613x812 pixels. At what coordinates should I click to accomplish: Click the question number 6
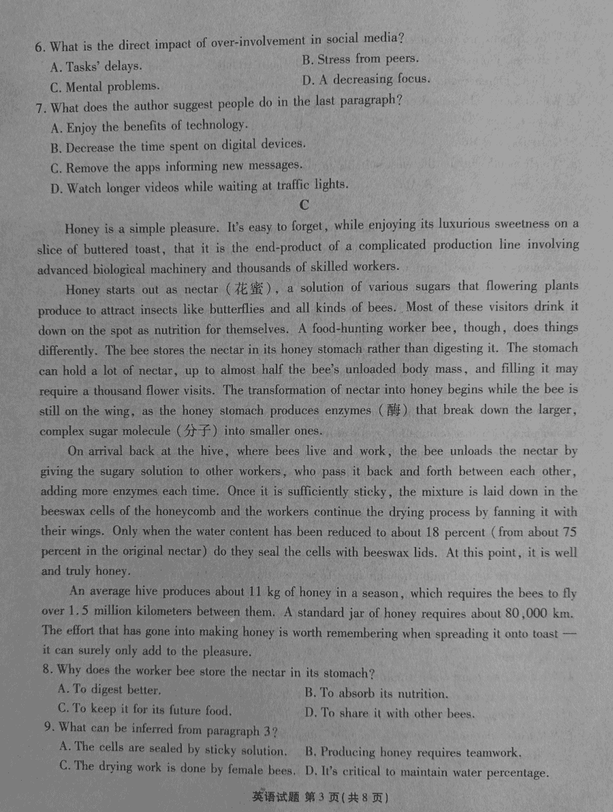pos(40,47)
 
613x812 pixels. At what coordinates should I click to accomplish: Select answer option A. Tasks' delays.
pos(96,67)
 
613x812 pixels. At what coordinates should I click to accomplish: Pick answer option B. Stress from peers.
pos(360,59)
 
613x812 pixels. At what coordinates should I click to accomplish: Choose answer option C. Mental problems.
pos(105,87)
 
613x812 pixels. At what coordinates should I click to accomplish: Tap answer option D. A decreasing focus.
pos(366,80)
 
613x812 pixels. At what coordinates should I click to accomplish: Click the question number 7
pos(40,107)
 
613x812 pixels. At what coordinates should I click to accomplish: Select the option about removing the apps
pos(176,166)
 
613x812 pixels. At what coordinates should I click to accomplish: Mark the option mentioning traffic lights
pos(199,186)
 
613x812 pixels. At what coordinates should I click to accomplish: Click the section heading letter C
pos(304,204)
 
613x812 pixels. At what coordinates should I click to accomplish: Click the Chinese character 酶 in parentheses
pos(396,410)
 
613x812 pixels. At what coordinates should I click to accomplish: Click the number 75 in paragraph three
pos(568,532)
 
